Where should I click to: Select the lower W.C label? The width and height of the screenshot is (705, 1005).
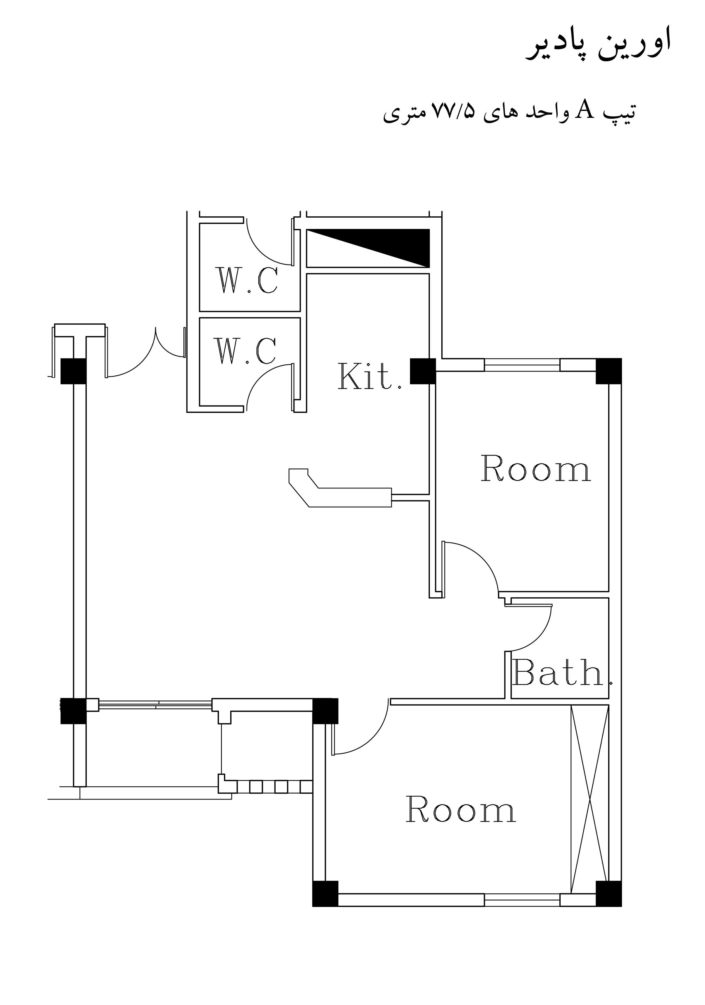click(x=245, y=351)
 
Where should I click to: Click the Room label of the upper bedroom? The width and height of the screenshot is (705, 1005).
click(x=536, y=468)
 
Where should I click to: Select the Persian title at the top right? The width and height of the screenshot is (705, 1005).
click(x=598, y=44)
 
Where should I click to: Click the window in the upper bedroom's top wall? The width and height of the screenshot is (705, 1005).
click(x=522, y=365)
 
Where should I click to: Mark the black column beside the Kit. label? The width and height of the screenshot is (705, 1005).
click(x=423, y=371)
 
